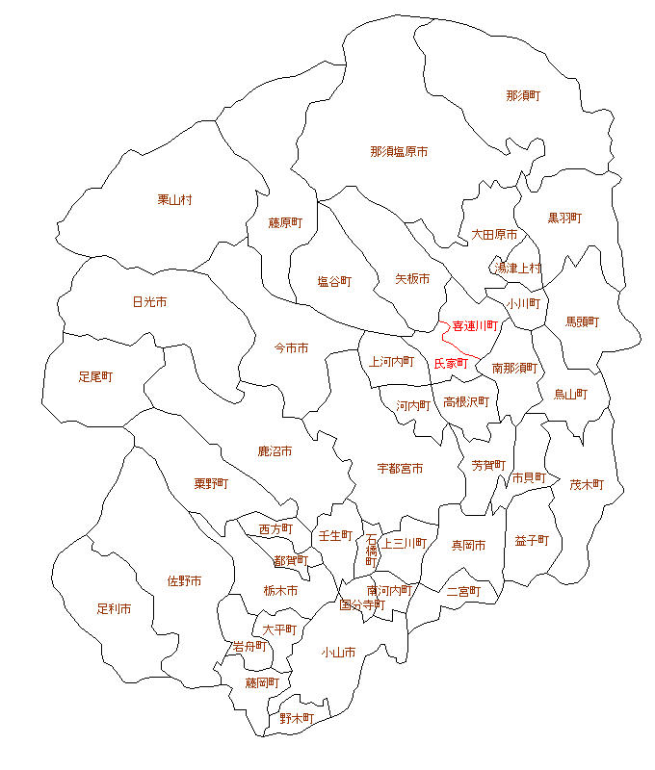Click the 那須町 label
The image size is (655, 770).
(523, 96)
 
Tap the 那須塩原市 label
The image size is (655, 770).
(399, 152)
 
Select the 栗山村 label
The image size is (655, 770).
(175, 200)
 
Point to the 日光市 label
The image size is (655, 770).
(149, 302)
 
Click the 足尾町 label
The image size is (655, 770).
(95, 377)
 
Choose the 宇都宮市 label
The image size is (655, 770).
(400, 469)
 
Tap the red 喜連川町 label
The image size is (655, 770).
(474, 326)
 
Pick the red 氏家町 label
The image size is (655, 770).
(451, 364)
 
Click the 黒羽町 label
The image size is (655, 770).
(564, 218)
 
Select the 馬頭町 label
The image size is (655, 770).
(582, 322)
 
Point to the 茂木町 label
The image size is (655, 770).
(586, 485)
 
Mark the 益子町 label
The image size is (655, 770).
(532, 541)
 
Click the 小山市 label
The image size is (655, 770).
(338, 653)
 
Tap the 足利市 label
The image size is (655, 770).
(114, 609)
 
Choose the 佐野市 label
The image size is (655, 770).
(184, 581)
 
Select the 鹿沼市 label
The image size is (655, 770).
(275, 451)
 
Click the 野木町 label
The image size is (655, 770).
(297, 718)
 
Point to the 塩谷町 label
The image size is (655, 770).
(334, 282)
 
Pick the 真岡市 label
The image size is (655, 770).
(468, 546)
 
